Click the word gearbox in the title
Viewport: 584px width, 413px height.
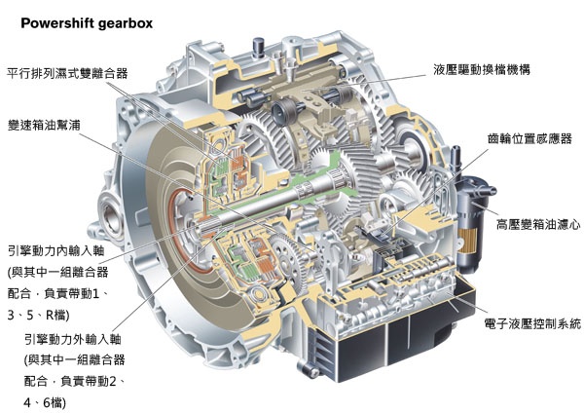click(126, 23)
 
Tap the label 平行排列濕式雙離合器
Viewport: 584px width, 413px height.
click(67, 73)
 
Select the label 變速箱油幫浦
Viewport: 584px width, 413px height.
click(44, 125)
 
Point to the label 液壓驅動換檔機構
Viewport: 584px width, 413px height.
click(482, 70)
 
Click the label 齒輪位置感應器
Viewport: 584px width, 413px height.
click(529, 138)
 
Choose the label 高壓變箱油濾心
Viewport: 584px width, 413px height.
click(538, 224)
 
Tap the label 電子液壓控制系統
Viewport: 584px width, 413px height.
click(532, 323)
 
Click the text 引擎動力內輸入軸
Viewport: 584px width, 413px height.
click(55, 251)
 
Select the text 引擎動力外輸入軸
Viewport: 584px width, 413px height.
click(73, 339)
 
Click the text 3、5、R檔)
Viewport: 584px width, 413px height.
click(38, 316)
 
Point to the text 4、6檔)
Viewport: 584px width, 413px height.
click(45, 402)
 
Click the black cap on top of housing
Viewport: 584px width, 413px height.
click(258, 48)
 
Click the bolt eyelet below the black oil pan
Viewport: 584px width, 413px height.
click(309, 370)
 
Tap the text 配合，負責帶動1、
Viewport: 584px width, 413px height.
click(57, 294)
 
